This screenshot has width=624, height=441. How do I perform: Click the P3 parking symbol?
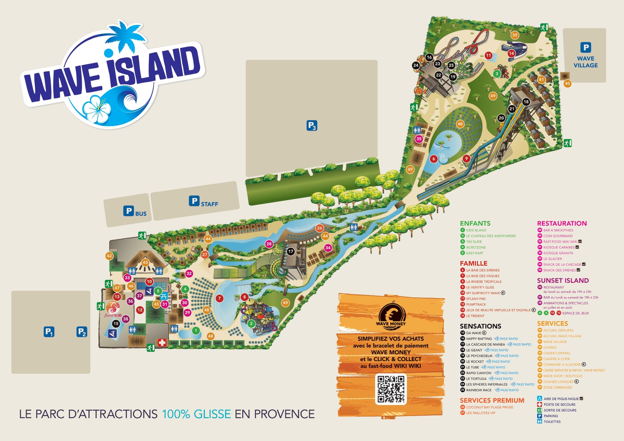312,125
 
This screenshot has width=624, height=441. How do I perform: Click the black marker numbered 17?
290,251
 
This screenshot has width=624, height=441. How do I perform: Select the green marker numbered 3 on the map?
497,73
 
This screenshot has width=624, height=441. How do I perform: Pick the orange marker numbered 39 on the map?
514,35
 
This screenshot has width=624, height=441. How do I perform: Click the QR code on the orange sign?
391,389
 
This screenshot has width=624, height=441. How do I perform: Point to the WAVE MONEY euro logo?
391,315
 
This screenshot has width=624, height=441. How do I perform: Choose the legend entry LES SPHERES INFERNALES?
486,384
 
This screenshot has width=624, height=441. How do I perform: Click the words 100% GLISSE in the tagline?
196,414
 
